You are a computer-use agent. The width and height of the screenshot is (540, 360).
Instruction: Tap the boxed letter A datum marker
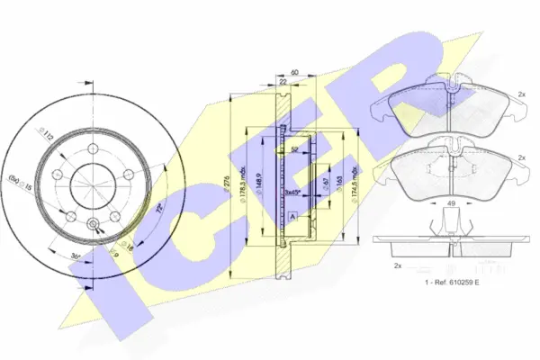coord(292,216)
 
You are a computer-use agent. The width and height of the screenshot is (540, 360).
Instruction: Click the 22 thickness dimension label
coord(283,83)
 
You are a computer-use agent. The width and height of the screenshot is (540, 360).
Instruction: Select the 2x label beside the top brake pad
coord(520,94)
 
